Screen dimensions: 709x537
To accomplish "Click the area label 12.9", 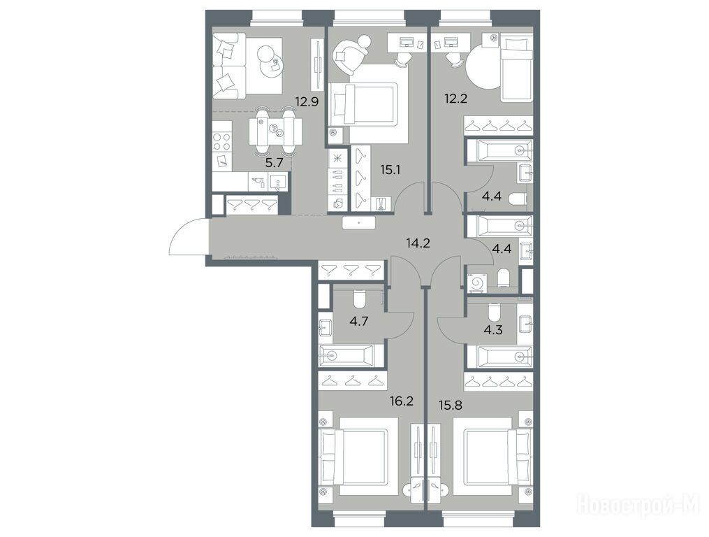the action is click(307, 101).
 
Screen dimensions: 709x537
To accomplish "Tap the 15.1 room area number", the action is click(390, 170).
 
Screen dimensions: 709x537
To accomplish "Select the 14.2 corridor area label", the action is click(418, 243).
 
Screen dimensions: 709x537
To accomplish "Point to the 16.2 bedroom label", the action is click(402, 401).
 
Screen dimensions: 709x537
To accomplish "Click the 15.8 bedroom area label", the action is click(451, 404).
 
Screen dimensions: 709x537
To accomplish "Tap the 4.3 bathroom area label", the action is click(493, 329).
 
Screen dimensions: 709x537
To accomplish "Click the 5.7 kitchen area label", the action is click(274, 163).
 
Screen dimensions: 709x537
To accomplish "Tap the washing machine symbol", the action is click(476, 283).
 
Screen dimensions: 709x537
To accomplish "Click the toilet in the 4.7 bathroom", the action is click(360, 299).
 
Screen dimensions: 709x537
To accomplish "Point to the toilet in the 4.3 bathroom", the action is click(495, 312).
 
